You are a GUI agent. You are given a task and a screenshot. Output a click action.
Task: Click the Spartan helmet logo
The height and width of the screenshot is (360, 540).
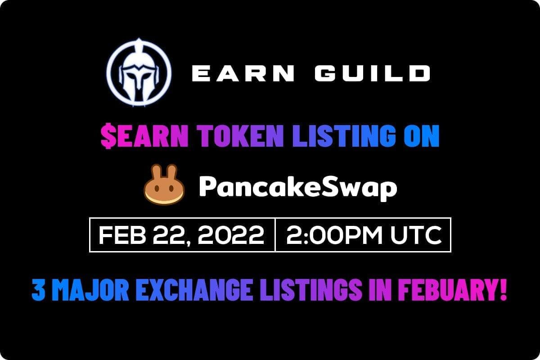(139, 73)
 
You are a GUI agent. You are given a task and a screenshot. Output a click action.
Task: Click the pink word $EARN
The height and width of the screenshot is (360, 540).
(144, 137)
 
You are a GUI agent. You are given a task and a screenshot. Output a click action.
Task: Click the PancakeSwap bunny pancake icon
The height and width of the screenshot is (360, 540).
(164, 185)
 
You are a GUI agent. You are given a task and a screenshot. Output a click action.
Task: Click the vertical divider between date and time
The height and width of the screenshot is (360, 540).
(274, 235)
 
